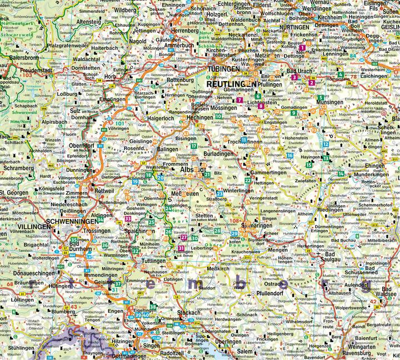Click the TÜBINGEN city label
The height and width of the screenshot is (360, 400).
coord(224,69)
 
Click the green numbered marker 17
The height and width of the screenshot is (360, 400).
coord(193,146)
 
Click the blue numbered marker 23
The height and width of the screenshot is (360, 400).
coord(220,193)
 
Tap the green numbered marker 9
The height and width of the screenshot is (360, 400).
coord(293,113)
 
